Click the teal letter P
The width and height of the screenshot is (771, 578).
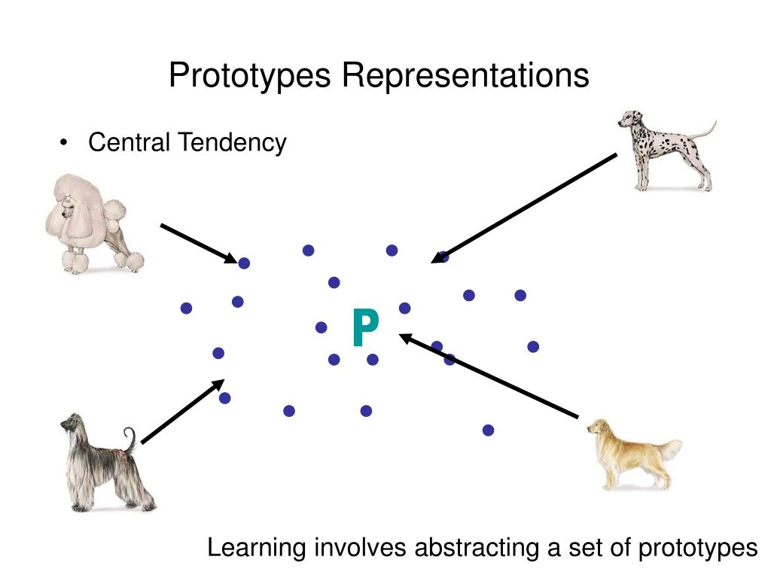pos(365,329)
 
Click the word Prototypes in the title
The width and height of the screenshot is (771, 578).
pos(251,75)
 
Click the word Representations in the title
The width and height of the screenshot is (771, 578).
pos(466,75)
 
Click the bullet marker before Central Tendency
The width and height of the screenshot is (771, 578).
pos(66,143)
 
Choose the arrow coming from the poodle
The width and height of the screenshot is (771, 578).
pos(198,242)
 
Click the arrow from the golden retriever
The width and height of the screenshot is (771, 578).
pos(489,376)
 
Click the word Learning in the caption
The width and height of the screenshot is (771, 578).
pos(257,548)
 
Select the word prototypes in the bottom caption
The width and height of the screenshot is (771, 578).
pos(697,548)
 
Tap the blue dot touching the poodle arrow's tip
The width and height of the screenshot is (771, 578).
pos(244,263)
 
